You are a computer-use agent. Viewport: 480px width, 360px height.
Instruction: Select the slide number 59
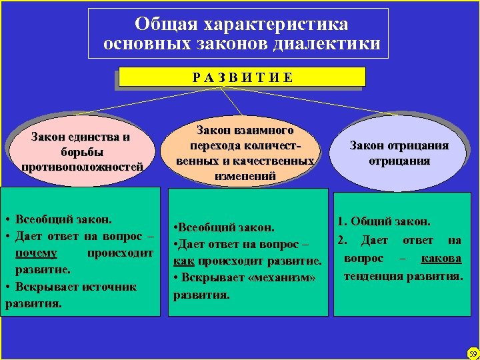pyautogui.click(x=473, y=353)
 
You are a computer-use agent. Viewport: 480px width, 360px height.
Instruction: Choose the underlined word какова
pyautogui.click(x=441, y=258)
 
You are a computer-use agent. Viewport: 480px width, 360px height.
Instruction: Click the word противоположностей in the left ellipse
pyautogui.click(x=82, y=167)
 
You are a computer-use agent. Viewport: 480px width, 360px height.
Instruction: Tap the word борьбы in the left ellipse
pyautogui.click(x=81, y=152)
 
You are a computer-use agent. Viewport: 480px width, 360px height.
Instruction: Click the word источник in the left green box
pyautogui.click(x=111, y=287)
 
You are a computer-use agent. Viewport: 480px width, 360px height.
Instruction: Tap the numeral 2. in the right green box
pyautogui.click(x=341, y=240)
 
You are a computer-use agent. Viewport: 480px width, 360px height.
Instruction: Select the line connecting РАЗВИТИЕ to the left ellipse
pyautogui.click(x=133, y=105)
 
